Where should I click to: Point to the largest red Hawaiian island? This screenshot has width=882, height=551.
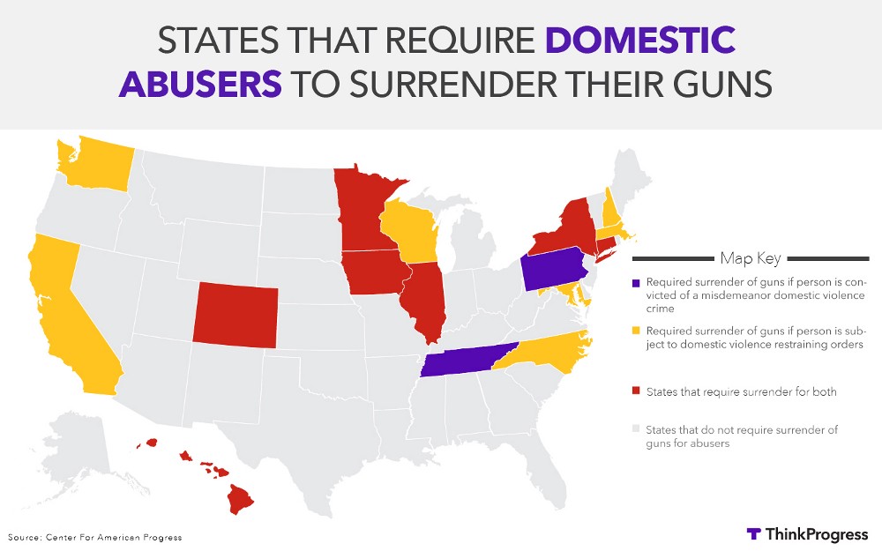tap(240, 499)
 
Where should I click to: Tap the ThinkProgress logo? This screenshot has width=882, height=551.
tap(806, 534)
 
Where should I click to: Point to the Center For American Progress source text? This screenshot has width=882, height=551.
tap(95, 537)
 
